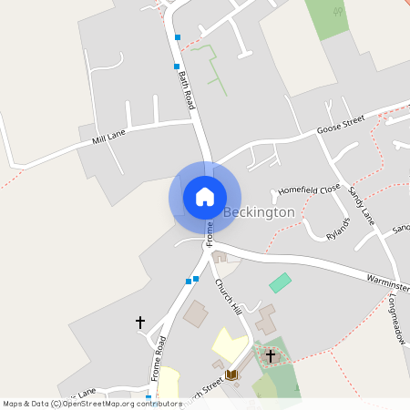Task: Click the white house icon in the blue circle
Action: click(x=205, y=197)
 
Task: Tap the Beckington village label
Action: click(x=260, y=212)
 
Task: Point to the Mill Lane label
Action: click(x=109, y=138)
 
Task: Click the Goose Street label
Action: click(x=340, y=125)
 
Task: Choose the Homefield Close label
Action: click(x=309, y=190)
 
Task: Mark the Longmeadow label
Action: click(x=397, y=319)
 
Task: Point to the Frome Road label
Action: click(x=159, y=358)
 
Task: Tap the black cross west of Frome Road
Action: click(x=140, y=322)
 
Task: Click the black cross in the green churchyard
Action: click(x=271, y=354)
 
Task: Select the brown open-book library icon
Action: click(x=231, y=374)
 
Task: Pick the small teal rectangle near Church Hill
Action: click(x=280, y=282)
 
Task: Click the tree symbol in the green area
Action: click(x=338, y=13)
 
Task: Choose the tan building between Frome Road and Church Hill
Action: click(x=195, y=315)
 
